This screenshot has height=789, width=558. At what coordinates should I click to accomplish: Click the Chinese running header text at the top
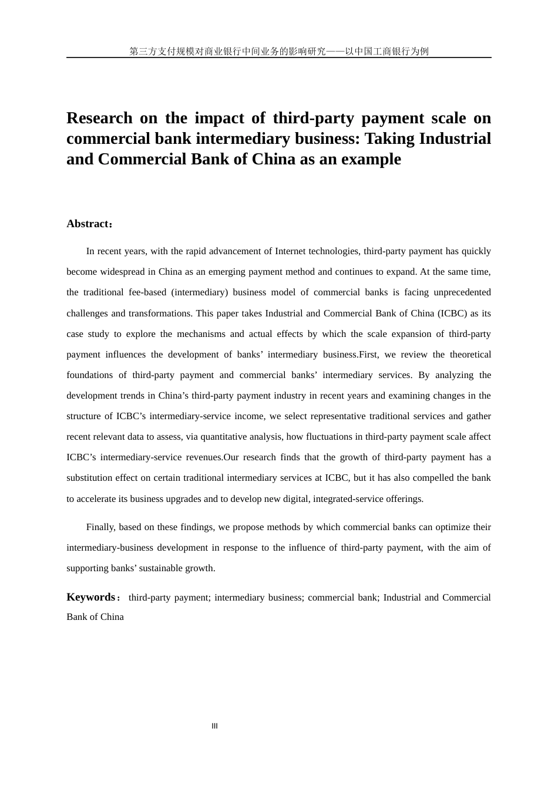click(279, 51)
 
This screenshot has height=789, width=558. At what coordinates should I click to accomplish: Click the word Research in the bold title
click(99, 118)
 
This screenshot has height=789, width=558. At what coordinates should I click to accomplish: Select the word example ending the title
click(372, 159)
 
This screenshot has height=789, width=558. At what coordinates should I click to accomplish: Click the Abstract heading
click(88, 224)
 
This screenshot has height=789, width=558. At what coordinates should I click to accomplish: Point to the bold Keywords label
click(91, 597)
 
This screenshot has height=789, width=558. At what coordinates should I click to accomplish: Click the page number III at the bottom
click(214, 726)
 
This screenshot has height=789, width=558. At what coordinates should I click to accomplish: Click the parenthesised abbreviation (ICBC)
click(452, 313)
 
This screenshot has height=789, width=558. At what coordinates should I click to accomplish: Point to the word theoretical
click(470, 355)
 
